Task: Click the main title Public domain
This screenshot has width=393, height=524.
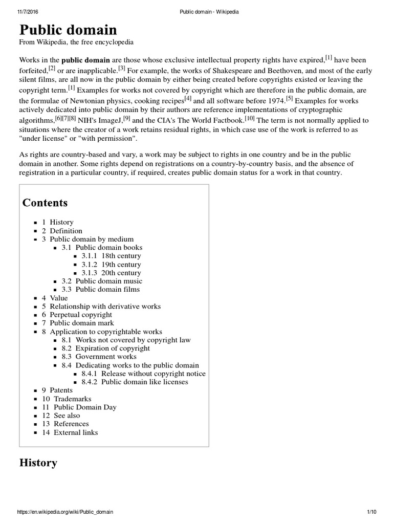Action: point(68,29)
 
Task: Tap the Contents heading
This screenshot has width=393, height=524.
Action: point(45,203)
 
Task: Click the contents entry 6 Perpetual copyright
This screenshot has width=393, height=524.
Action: point(77,315)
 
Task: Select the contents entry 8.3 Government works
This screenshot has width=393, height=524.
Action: point(99,357)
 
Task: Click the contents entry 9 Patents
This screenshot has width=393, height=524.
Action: point(57,390)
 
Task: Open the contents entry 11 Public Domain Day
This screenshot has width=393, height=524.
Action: point(79,407)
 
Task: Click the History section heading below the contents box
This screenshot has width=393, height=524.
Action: point(38,463)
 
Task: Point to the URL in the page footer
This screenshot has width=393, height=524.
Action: point(65,512)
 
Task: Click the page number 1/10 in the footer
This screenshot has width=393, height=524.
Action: point(372,512)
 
